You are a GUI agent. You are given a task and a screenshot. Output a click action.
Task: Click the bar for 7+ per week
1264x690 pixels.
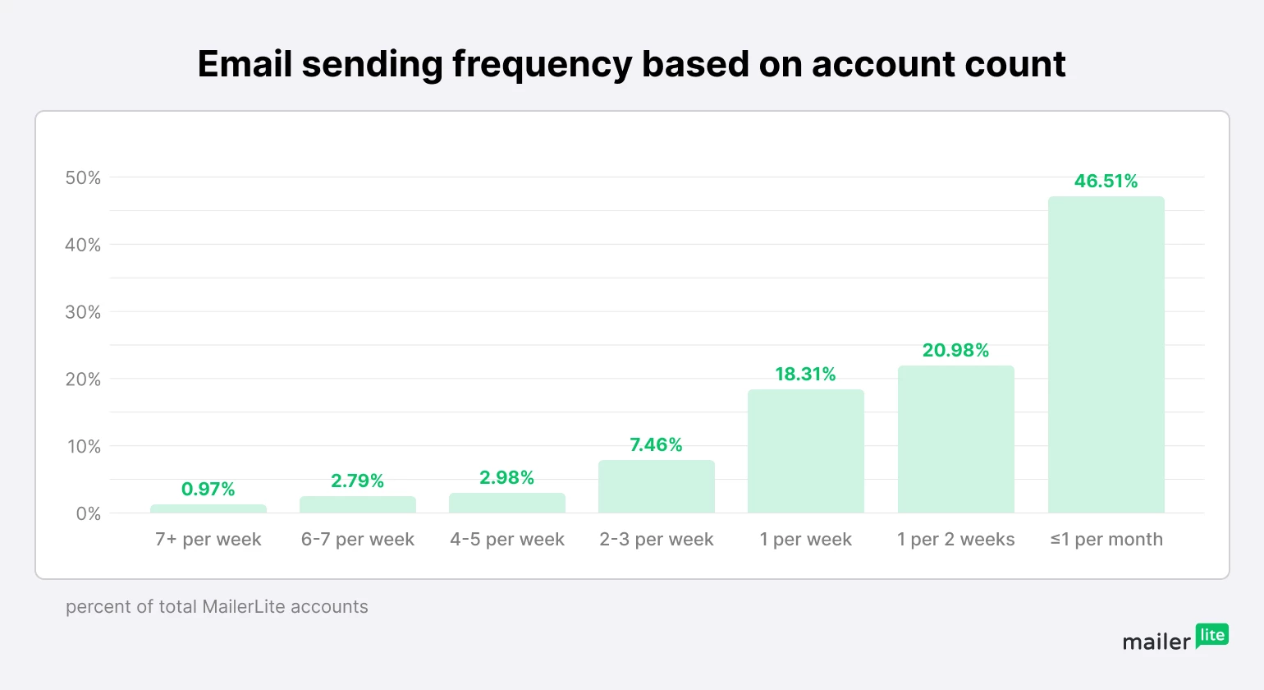pyautogui.click(x=208, y=509)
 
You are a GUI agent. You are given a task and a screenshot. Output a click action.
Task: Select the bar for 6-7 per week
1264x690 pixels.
pyautogui.click(x=358, y=505)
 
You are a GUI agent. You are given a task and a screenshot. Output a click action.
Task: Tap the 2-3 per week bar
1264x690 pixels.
pyautogui.click(x=657, y=487)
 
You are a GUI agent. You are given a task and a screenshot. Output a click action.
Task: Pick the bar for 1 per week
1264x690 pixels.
pyautogui.click(x=806, y=452)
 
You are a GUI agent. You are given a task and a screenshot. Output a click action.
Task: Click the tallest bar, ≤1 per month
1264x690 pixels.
pyautogui.click(x=1106, y=355)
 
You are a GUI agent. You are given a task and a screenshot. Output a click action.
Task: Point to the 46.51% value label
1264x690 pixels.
pyautogui.click(x=1106, y=182)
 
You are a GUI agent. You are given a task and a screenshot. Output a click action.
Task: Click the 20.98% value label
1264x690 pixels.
pyautogui.click(x=955, y=351)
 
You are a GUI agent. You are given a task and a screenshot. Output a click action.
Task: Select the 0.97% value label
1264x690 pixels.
pyautogui.click(x=208, y=490)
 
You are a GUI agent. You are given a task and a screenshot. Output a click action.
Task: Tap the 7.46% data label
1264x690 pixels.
pyautogui.click(x=656, y=445)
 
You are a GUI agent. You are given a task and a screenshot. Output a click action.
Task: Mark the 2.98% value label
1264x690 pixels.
pyautogui.click(x=507, y=478)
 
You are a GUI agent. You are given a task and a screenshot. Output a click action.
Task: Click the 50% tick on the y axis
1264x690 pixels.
pyautogui.click(x=83, y=178)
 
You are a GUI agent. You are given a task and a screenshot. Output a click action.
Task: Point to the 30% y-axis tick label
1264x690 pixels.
pyautogui.click(x=83, y=312)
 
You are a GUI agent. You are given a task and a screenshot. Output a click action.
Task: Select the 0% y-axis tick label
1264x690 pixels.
pyautogui.click(x=89, y=514)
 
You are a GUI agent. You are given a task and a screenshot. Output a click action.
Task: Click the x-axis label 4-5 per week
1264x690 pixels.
pyautogui.click(x=507, y=540)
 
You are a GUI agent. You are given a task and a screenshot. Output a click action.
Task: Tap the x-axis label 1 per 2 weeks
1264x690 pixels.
pyautogui.click(x=955, y=540)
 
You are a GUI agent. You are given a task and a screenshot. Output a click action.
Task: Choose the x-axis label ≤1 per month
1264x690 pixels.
pyautogui.click(x=1106, y=540)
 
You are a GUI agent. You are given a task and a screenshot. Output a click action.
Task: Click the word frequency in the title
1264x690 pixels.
pyautogui.click(x=542, y=65)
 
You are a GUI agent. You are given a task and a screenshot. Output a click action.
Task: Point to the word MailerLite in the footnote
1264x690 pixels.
pyautogui.click(x=243, y=607)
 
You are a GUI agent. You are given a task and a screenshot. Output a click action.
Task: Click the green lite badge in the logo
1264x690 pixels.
pyautogui.click(x=1212, y=635)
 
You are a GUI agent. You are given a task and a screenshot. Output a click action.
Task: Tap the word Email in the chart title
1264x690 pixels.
pyautogui.click(x=245, y=65)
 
